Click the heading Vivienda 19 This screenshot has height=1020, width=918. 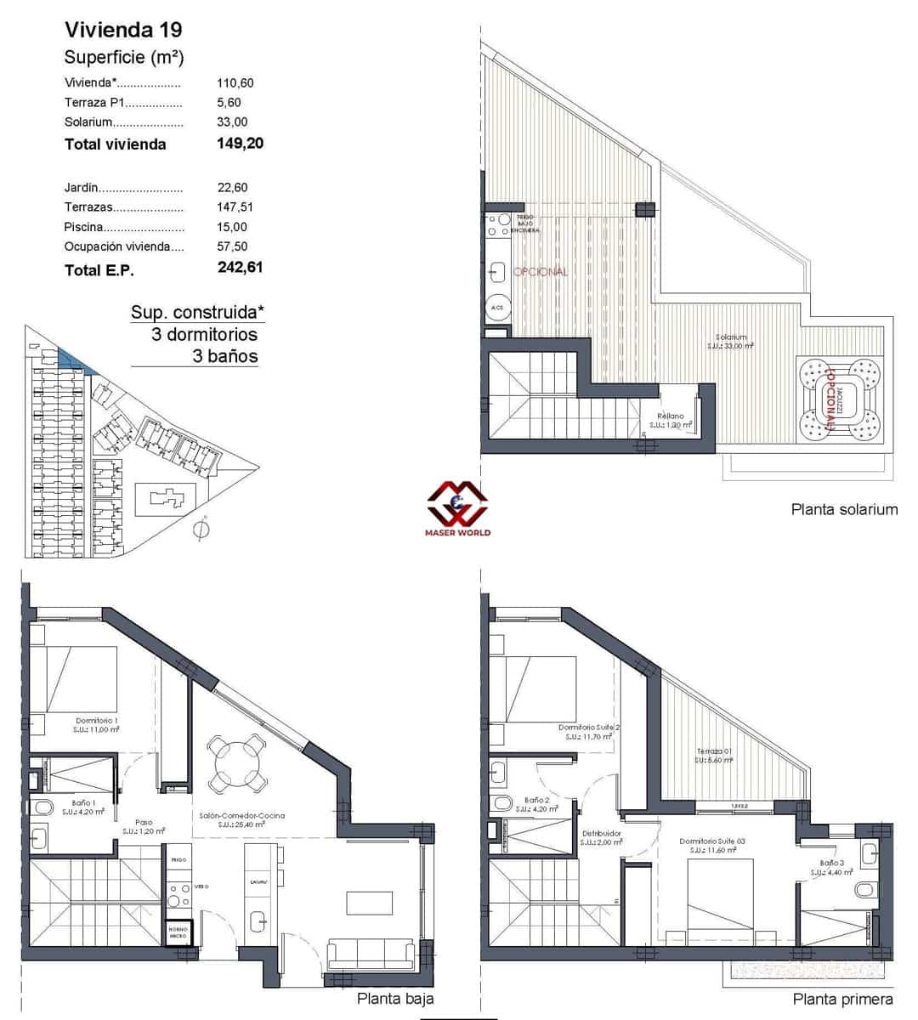click(123, 30)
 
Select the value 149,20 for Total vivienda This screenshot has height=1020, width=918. click(241, 143)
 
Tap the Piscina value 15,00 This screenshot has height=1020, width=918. click(232, 227)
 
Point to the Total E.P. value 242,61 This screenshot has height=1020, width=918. click(241, 267)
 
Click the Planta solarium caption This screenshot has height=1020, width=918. click(844, 510)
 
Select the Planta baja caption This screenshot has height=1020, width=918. click(395, 999)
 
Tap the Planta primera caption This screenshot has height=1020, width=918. click(842, 999)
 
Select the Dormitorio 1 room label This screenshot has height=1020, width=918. click(96, 721)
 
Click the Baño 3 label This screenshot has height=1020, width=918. click(831, 863)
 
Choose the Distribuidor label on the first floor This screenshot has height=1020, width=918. click(601, 834)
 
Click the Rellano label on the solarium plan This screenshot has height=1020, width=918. click(670, 416)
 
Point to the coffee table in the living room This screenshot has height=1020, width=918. click(369, 902)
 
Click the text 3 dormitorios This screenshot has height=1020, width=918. click(204, 334)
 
